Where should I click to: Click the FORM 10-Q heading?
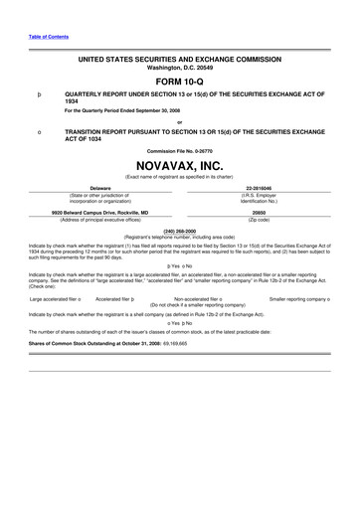[x=180, y=82]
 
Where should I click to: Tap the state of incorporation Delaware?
[x=99, y=187]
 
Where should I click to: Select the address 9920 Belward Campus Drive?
[x=100, y=211]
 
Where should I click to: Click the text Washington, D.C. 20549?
[x=180, y=68]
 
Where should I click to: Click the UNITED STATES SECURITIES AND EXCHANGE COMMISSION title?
[x=180, y=60]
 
